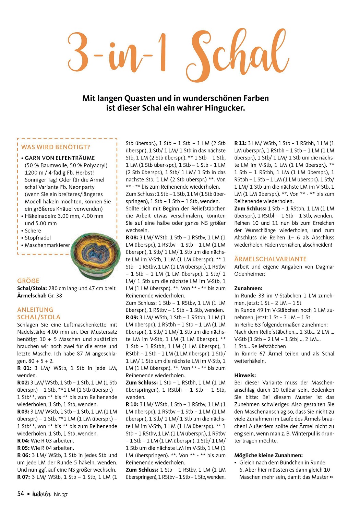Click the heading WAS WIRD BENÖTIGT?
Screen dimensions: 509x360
(x=56, y=147)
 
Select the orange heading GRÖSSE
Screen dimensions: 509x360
(x=28, y=281)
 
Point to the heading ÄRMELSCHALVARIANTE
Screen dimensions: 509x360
(x=270, y=259)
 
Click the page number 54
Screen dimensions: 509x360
(x=21, y=494)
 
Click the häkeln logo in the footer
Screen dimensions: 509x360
(x=41, y=494)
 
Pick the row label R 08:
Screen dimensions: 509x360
(x=132, y=237)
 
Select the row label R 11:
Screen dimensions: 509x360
(x=240, y=143)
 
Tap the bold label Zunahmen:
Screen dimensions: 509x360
(x=248, y=288)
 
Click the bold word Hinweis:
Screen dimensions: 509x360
(x=245, y=376)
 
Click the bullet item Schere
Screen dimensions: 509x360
(x=33, y=230)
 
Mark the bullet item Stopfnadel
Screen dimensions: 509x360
(x=38, y=238)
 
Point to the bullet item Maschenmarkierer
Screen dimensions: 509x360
(x=47, y=245)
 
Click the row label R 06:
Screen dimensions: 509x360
(x=24, y=455)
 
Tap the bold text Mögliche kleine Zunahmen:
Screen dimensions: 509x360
(x=268, y=455)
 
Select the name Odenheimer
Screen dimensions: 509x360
(x=250, y=274)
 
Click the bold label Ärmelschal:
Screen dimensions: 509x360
(x=32, y=296)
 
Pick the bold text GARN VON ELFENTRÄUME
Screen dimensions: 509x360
(x=60, y=158)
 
